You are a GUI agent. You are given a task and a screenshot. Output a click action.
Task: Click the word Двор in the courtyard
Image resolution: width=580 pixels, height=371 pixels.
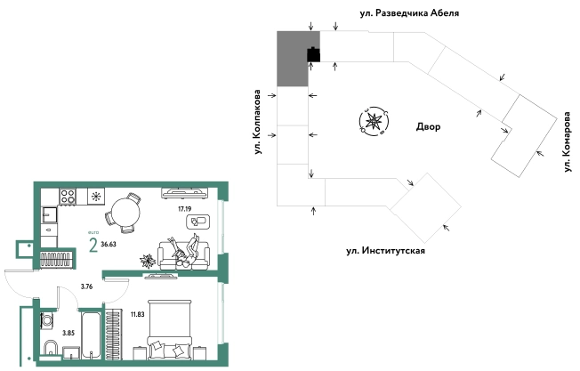[429, 127]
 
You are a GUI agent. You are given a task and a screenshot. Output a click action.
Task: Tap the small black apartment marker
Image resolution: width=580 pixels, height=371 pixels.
[313, 56]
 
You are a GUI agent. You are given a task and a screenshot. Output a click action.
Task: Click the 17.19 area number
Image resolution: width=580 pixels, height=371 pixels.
[185, 208]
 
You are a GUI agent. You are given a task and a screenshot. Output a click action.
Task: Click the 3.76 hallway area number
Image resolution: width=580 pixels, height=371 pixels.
[87, 286]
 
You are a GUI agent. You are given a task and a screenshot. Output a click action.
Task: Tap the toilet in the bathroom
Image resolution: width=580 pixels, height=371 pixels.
[50, 346]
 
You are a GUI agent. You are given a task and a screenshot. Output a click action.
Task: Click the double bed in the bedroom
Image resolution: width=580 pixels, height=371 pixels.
[169, 329]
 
